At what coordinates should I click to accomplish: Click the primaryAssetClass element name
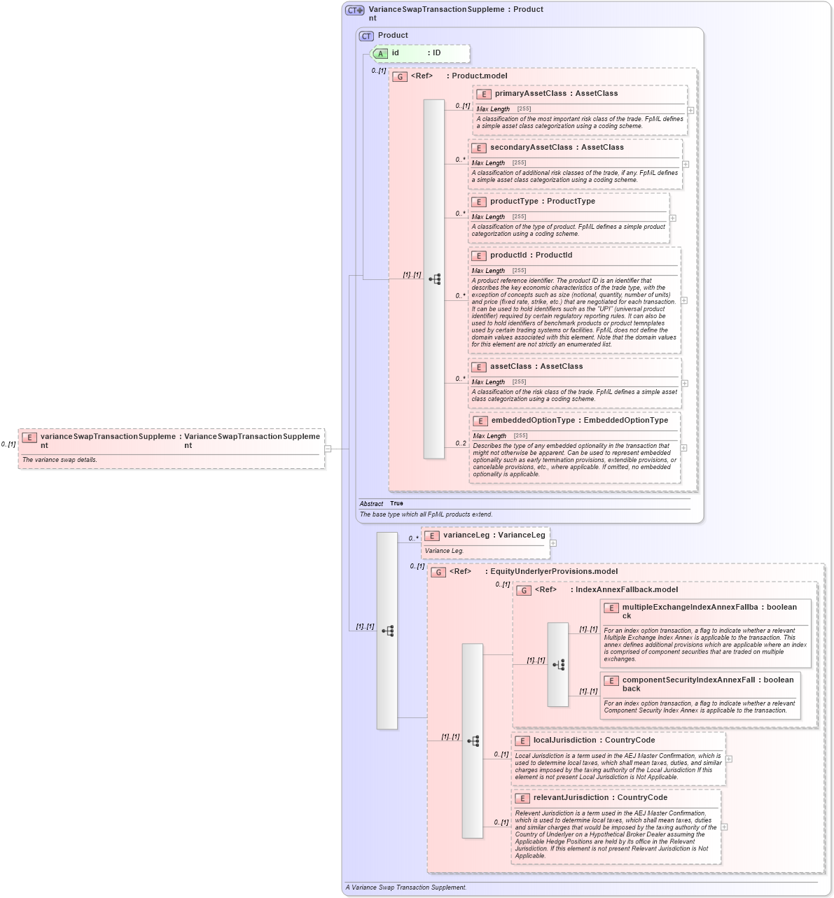click(x=530, y=94)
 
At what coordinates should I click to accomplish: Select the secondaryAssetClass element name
click(x=531, y=148)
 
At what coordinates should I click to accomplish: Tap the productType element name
click(x=514, y=202)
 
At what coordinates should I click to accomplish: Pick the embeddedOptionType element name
click(x=533, y=421)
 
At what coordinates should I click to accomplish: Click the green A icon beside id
click(x=380, y=53)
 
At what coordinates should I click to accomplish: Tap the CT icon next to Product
click(x=366, y=36)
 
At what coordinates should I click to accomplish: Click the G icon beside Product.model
click(x=400, y=76)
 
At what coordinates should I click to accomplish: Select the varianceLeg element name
click(x=466, y=535)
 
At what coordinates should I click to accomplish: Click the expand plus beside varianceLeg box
click(x=553, y=543)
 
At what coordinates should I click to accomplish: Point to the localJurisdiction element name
click(x=565, y=741)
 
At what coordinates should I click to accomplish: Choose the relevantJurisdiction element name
click(x=571, y=798)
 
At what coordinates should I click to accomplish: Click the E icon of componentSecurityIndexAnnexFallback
click(x=611, y=680)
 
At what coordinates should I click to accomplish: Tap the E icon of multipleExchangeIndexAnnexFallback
click(x=611, y=608)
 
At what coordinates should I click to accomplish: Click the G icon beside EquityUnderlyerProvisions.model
click(x=438, y=572)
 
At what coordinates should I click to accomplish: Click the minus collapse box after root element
click(x=328, y=449)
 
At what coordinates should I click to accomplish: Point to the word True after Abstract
click(x=396, y=504)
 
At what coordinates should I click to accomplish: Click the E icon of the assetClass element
click(x=479, y=367)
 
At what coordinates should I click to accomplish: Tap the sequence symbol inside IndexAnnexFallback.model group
click(x=558, y=665)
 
